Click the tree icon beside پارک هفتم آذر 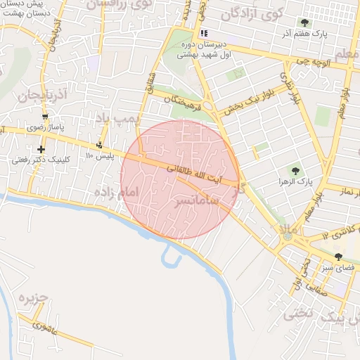tap(304, 22)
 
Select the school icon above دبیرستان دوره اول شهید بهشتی tap(203, 33)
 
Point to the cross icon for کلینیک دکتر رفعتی tap(41, 149)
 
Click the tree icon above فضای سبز tap(339, 257)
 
